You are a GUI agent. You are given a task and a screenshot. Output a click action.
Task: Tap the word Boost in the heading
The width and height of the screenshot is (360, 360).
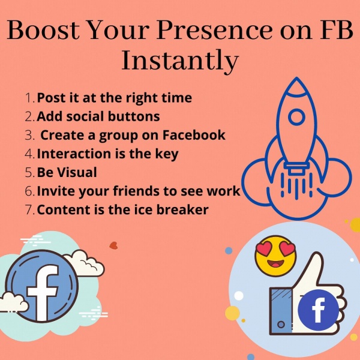(43, 30)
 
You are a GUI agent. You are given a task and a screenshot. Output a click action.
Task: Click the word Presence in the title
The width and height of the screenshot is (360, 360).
(215, 30)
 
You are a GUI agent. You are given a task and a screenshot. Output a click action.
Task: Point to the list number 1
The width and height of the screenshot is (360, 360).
(30, 98)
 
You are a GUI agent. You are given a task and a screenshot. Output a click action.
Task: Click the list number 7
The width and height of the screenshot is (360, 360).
(30, 209)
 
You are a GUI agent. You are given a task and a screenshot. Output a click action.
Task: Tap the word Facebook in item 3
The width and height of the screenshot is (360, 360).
(194, 135)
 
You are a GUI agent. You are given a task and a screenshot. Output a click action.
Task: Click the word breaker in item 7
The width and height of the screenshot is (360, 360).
(182, 209)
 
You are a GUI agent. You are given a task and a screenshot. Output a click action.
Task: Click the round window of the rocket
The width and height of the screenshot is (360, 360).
(296, 117)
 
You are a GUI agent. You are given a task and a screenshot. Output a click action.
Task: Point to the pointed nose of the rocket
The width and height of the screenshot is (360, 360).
(296, 77)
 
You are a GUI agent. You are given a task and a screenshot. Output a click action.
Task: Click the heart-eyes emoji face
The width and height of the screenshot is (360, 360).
(275, 256)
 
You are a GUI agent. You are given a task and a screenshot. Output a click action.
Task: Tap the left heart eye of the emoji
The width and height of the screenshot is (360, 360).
(264, 249)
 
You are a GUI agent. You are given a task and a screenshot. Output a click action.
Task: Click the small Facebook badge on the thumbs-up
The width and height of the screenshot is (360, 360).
(318, 310)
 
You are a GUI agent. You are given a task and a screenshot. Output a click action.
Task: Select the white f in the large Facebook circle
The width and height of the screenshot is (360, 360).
(43, 293)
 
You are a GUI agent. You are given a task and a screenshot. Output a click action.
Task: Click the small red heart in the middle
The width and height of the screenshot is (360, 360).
(113, 245)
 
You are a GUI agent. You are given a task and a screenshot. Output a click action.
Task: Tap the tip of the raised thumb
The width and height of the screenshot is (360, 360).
(317, 253)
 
